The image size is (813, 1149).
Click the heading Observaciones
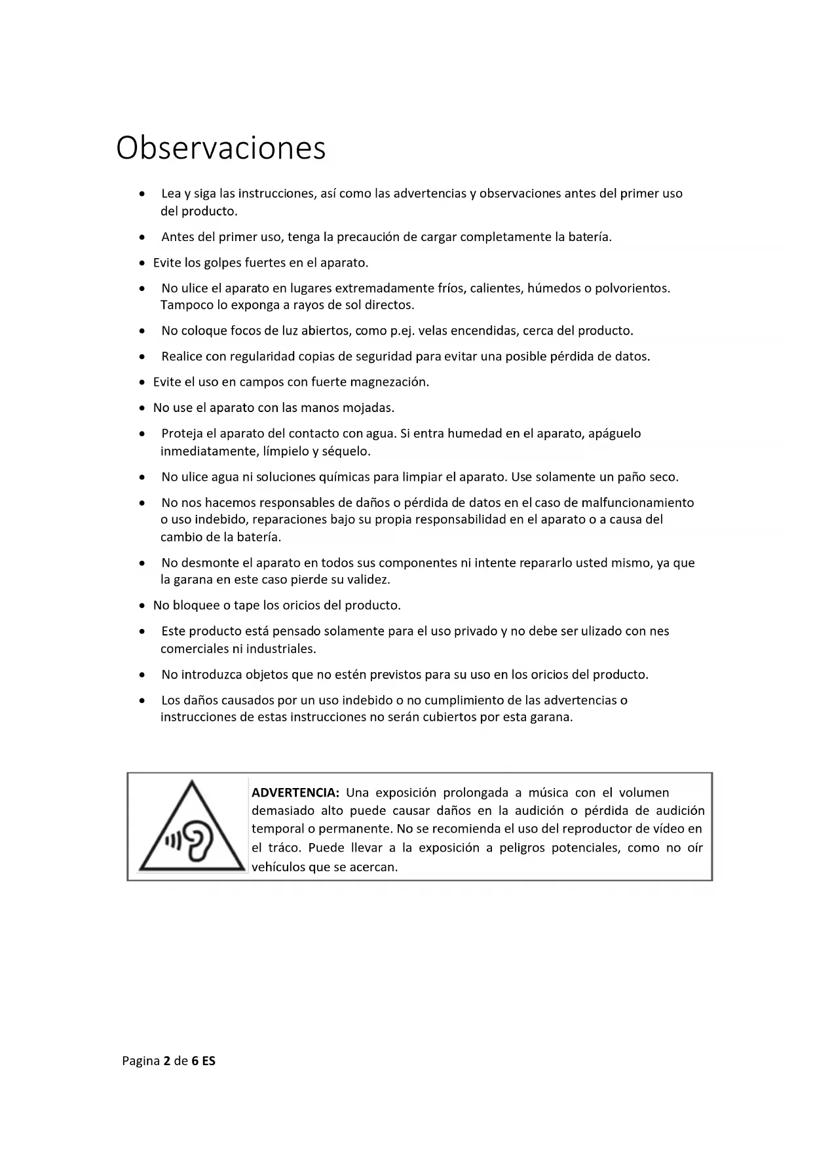(x=221, y=148)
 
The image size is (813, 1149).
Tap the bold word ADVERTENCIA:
(x=295, y=793)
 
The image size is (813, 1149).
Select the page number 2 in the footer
(x=167, y=1061)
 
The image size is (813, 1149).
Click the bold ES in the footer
(x=208, y=1061)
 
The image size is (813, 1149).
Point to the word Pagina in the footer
(x=141, y=1061)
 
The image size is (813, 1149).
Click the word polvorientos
(x=632, y=288)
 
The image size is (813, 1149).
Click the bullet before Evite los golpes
(x=142, y=263)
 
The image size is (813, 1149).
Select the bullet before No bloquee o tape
(x=142, y=606)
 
